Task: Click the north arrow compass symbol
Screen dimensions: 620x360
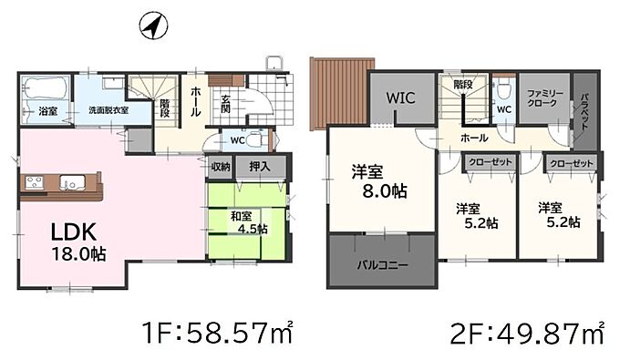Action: (153, 26)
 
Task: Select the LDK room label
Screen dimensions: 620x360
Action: (74, 232)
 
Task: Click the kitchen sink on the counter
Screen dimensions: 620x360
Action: (72, 182)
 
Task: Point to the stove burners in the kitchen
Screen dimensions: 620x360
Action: (35, 182)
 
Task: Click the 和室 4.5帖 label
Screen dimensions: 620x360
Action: (249, 222)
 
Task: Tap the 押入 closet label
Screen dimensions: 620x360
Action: (260, 167)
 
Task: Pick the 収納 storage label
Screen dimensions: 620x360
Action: (221, 167)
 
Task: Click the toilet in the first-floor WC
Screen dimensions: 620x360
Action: (257, 139)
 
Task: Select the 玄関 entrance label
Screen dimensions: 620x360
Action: (225, 104)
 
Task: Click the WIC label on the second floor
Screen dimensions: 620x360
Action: (400, 98)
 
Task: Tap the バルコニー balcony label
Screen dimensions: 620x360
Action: (382, 265)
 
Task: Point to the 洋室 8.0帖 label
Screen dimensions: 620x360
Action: (378, 181)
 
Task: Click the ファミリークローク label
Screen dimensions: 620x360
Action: (545, 98)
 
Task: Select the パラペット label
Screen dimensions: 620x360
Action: (584, 112)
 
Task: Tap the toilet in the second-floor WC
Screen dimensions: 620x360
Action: (503, 90)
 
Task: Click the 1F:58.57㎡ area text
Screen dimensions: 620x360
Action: (218, 332)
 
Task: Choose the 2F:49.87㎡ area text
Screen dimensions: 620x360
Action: (528, 334)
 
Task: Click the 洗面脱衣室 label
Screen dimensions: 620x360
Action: (108, 110)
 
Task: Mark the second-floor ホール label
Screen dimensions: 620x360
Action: (474, 138)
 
